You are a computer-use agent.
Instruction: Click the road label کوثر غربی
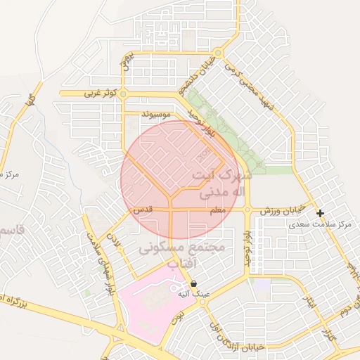tap(100, 93)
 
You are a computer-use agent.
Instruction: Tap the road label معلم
tap(217, 210)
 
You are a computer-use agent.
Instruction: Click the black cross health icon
tap(321, 213)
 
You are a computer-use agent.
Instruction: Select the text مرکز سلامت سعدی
tap(321, 224)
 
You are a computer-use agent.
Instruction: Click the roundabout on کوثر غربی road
tap(124, 93)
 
